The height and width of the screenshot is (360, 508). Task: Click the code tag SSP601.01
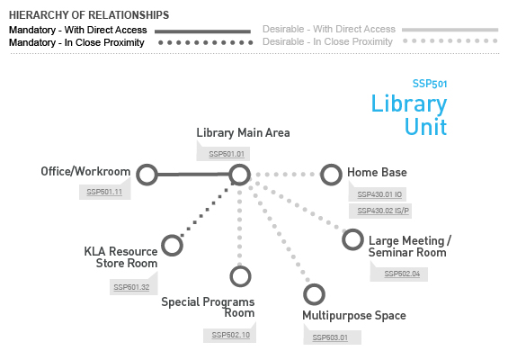tap(227, 154)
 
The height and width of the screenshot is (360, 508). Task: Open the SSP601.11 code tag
tap(104, 192)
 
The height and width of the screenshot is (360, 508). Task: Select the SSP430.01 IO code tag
tap(379, 194)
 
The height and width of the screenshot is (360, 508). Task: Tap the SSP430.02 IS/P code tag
tap(383, 211)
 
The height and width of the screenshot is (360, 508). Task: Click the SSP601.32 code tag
tap(131, 287)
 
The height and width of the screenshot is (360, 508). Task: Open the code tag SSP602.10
tap(231, 335)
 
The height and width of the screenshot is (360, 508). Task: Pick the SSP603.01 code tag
tap(330, 337)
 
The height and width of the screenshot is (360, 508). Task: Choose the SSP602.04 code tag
tap(402, 274)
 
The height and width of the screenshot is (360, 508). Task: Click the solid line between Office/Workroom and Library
tap(193, 175)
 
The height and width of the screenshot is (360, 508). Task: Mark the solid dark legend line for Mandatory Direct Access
tap(202, 31)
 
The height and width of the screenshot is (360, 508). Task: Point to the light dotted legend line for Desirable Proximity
tap(450, 40)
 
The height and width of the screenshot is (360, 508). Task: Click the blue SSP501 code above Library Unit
tap(430, 84)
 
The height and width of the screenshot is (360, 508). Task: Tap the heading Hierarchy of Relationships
tap(89, 15)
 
